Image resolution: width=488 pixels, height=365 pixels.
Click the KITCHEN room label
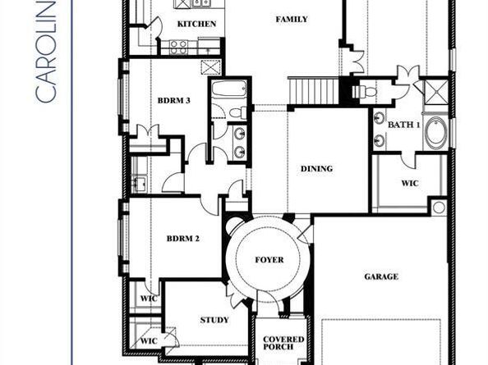(x=197, y=25)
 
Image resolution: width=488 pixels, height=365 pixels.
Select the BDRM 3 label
(x=174, y=101)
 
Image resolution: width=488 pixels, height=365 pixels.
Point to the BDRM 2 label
(x=183, y=239)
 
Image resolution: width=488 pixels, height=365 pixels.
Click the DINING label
(x=316, y=169)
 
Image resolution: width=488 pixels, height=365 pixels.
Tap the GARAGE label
(x=381, y=276)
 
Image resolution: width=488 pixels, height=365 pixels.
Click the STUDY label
(x=214, y=320)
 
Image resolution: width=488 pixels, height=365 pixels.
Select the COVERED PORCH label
(x=283, y=344)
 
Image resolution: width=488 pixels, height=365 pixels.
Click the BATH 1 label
(x=404, y=123)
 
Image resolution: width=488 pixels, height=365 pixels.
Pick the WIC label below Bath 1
(x=409, y=183)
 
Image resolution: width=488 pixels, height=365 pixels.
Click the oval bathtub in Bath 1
(x=435, y=133)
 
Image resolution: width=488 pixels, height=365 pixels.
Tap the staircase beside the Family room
(x=313, y=89)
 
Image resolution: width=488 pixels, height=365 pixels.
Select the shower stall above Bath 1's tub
(x=435, y=91)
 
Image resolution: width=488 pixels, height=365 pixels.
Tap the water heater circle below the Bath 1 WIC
(x=438, y=207)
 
